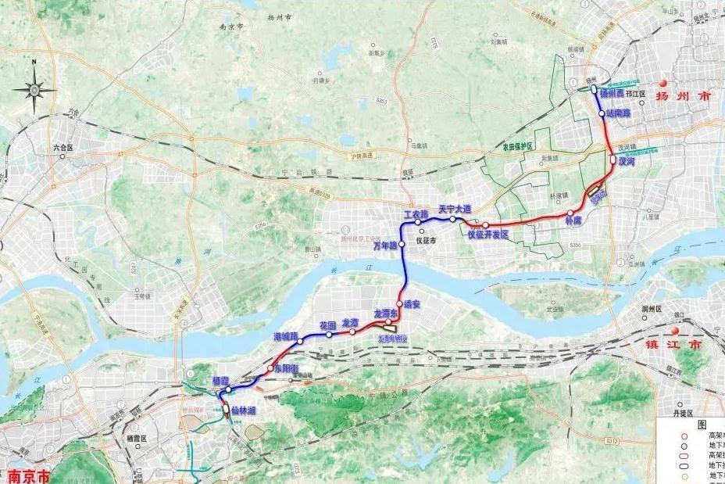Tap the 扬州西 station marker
(594, 89)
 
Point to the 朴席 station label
(573, 221)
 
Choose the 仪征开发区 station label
(487, 235)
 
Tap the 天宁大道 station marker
(452, 220)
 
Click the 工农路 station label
(416, 214)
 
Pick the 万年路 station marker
(402, 245)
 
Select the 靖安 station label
(410, 304)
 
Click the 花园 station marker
(329, 335)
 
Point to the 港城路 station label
(286, 335)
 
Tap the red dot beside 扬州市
(663, 83)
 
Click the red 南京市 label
(29, 475)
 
